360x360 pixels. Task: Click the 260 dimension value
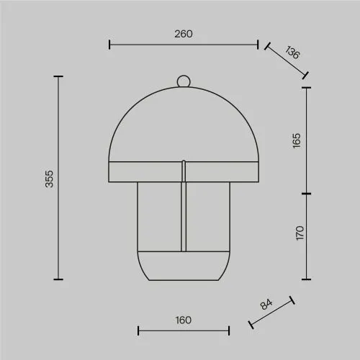click(184, 34)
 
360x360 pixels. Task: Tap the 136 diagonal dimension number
click(292, 52)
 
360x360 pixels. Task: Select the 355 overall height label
click(49, 179)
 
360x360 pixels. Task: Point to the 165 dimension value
click(297, 141)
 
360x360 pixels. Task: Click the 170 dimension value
click(300, 233)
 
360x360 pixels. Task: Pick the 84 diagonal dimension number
click(266, 304)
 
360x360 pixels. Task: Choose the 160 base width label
click(184, 320)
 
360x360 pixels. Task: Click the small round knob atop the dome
click(184, 81)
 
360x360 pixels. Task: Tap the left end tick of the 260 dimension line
click(109, 45)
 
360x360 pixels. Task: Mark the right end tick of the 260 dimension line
click(258, 45)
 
